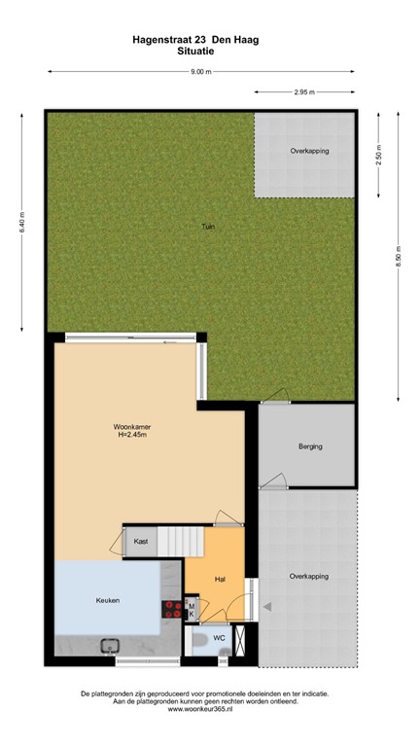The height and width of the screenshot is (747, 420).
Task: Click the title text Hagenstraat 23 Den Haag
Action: [202, 40]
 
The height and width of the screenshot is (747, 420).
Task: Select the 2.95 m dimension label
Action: [305, 92]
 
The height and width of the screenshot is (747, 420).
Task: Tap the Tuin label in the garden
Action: [207, 227]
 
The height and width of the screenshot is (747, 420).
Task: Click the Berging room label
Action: [310, 447]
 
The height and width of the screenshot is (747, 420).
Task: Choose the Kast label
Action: [140, 540]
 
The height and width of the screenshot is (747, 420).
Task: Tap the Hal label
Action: [220, 579]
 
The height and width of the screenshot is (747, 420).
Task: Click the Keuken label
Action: [108, 600]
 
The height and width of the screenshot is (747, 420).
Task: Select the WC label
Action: [219, 638]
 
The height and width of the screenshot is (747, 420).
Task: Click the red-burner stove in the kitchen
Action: [173, 609]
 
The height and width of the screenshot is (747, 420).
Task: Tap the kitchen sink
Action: [109, 644]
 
